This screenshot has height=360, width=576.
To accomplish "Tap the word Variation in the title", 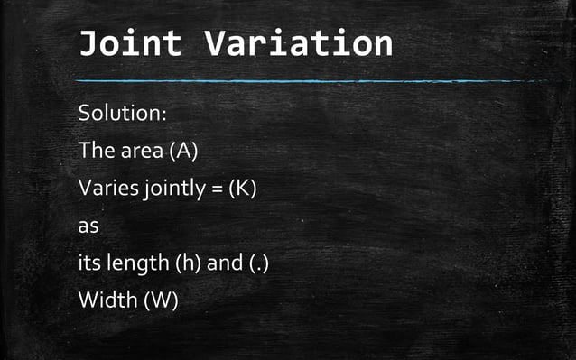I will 299,42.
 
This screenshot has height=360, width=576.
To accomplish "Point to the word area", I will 139,151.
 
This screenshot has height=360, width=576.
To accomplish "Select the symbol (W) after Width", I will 160,300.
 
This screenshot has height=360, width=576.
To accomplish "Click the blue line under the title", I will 307,81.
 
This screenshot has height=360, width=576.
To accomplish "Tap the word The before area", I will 95,151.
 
